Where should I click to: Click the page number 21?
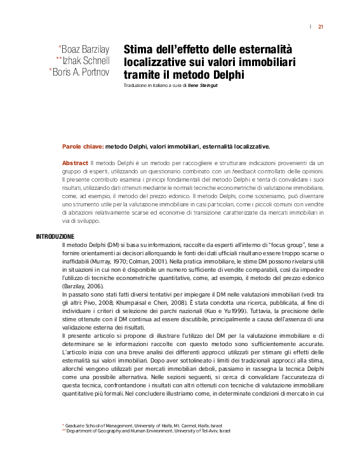point(321,27)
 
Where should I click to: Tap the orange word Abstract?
point(75,163)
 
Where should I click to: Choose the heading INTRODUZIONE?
point(55,236)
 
